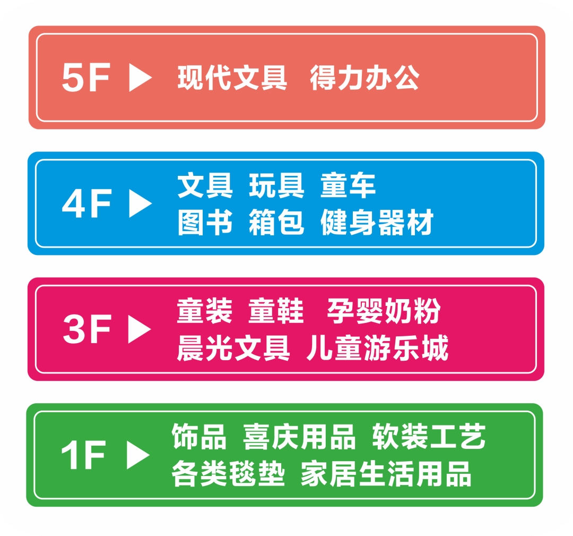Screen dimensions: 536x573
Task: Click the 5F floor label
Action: click(x=85, y=78)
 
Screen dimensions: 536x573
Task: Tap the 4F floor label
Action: click(x=86, y=203)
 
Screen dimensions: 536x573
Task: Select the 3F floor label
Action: click(x=86, y=329)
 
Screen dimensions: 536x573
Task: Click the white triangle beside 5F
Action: click(x=140, y=78)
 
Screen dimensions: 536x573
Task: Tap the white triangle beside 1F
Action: click(x=138, y=455)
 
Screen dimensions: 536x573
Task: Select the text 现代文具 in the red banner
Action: click(x=232, y=78)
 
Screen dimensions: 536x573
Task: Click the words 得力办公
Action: click(x=364, y=78)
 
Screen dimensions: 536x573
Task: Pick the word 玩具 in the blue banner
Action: click(x=276, y=185)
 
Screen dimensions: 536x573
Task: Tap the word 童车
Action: click(x=348, y=185)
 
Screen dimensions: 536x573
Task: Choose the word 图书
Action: click(x=205, y=222)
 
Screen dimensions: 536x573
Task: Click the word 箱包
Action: click(x=276, y=222)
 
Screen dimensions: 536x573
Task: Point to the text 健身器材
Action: click(x=377, y=222)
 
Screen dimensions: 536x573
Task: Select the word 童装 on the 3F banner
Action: click(x=205, y=311)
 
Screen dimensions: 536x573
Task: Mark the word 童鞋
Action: click(x=276, y=311)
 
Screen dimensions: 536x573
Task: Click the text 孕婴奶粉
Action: click(x=384, y=311)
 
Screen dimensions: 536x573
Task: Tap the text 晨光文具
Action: click(x=233, y=348)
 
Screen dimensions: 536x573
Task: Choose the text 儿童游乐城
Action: click(x=377, y=348)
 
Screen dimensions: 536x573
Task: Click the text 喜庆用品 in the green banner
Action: click(x=299, y=437)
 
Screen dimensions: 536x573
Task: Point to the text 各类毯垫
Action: click(x=228, y=474)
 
